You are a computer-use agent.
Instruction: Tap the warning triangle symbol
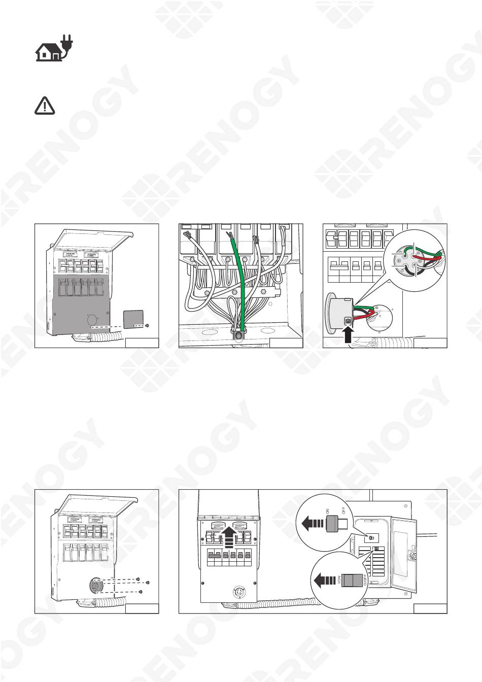[x=45, y=106]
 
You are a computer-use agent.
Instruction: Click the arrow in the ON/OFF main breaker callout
[x=311, y=523]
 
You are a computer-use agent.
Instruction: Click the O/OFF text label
[x=365, y=580]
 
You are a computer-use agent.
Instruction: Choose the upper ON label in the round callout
[x=328, y=511]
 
